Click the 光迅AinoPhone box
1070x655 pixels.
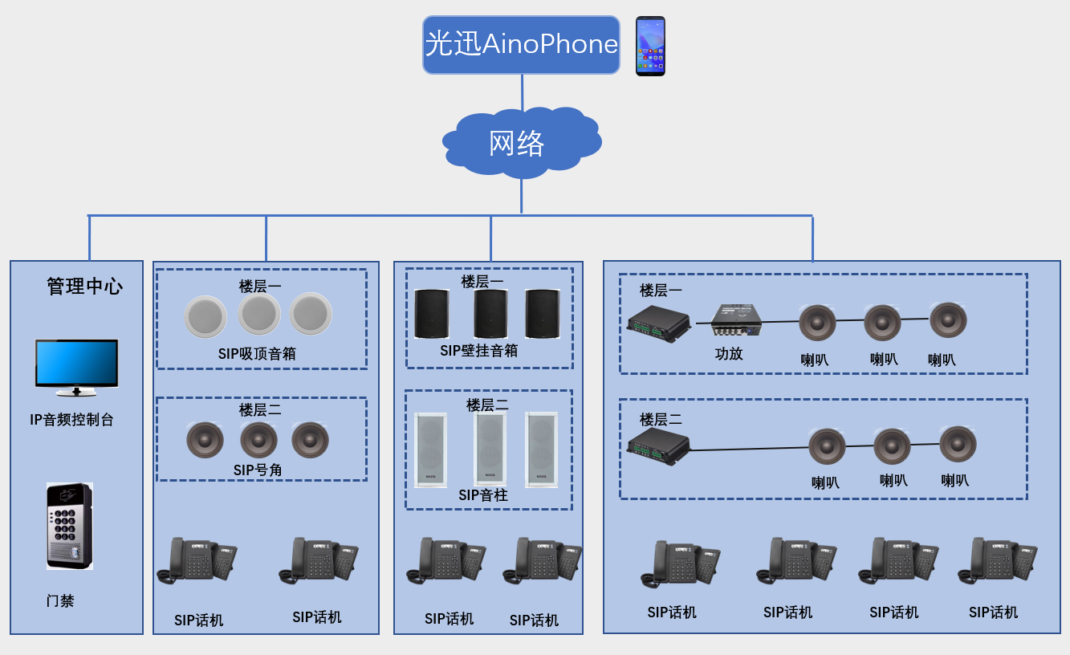(x=521, y=45)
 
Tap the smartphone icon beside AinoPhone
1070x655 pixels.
(x=650, y=46)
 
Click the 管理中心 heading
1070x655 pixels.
(x=84, y=286)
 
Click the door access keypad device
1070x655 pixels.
(x=70, y=526)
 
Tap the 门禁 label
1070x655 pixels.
(x=60, y=600)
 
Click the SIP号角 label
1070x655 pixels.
(x=258, y=470)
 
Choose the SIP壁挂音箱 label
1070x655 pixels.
(x=478, y=351)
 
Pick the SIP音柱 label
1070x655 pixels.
(x=483, y=495)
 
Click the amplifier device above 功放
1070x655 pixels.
(x=736, y=319)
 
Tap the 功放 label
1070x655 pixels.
(x=729, y=353)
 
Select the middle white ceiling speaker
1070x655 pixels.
(x=259, y=315)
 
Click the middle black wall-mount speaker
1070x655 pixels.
(x=490, y=314)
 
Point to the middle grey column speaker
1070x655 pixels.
(x=490, y=450)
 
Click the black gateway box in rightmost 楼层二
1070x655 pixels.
(x=658, y=445)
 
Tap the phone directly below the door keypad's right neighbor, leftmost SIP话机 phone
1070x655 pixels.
(x=196, y=559)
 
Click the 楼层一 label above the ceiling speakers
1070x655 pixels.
(x=260, y=286)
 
